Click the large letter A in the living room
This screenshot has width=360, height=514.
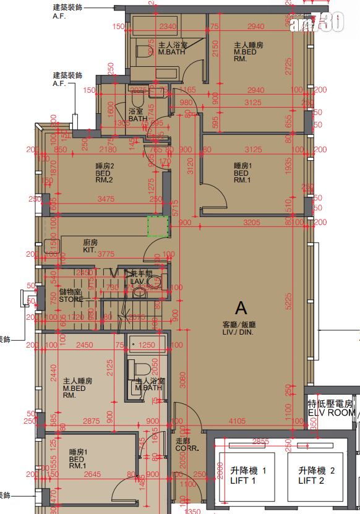tap(241, 307)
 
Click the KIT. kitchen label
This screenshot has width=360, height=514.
tap(90, 246)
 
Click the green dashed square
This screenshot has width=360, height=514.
tap(158, 226)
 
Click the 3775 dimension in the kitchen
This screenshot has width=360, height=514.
tap(107, 253)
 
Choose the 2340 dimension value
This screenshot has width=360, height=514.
tap(167, 27)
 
